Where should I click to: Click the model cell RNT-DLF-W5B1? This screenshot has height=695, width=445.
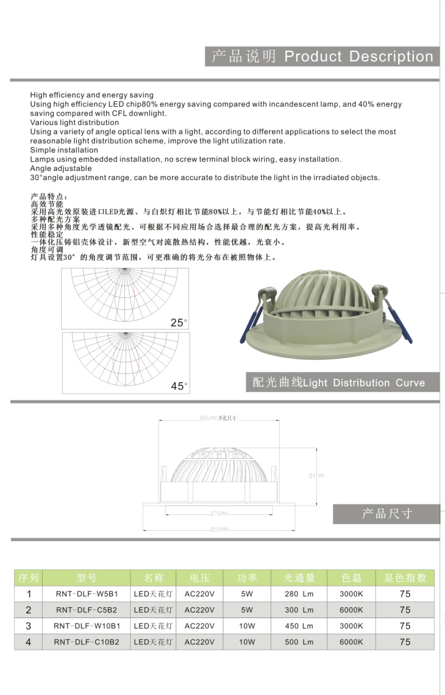[x=87, y=593]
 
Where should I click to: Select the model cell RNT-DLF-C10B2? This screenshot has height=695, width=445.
[x=87, y=642]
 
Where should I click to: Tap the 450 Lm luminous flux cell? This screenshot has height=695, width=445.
[x=299, y=626]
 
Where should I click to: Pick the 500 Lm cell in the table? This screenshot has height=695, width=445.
[x=299, y=642]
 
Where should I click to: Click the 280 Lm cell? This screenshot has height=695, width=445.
[x=299, y=593]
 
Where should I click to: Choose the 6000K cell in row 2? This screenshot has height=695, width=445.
[x=351, y=610]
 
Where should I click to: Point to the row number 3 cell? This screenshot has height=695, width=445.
[x=28, y=626]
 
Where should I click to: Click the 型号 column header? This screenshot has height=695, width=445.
[x=87, y=577]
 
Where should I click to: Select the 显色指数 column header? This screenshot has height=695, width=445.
[x=405, y=577]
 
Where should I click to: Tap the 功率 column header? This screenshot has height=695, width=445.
[x=247, y=577]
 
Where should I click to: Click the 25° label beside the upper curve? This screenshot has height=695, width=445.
[x=179, y=323]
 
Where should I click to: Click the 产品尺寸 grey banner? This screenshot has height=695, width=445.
[x=386, y=514]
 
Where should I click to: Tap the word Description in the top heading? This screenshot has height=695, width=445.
[x=391, y=57]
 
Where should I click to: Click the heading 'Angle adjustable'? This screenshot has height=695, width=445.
[x=61, y=168]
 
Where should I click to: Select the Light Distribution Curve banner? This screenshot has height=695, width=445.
[x=339, y=383]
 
